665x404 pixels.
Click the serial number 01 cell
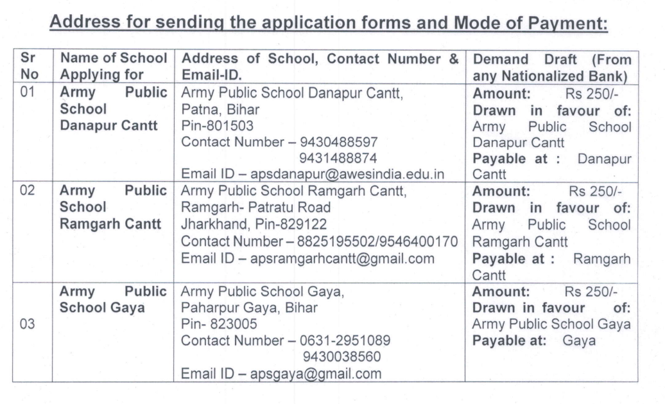[28, 92]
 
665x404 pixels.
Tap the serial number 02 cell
[28, 191]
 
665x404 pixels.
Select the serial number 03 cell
[28, 324]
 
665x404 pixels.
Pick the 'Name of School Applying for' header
[113, 67]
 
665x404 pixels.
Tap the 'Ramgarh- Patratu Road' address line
[256, 207]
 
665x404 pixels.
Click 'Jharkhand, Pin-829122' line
[254, 224]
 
